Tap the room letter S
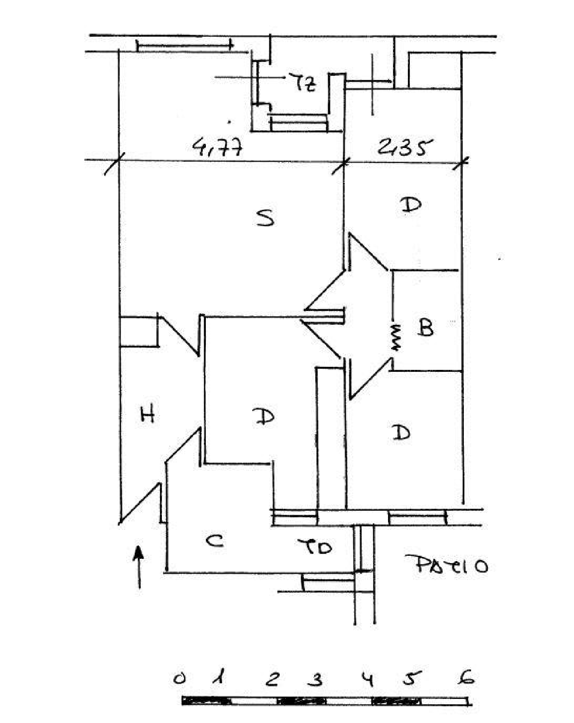coord(266,218)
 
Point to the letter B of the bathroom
coord(426,328)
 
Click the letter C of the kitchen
coord(215,541)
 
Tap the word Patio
coord(447,565)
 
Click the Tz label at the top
coord(305,83)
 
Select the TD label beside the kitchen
coord(315,547)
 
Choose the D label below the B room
coord(401,432)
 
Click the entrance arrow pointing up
coord(139,566)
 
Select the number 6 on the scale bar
coord(468,677)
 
